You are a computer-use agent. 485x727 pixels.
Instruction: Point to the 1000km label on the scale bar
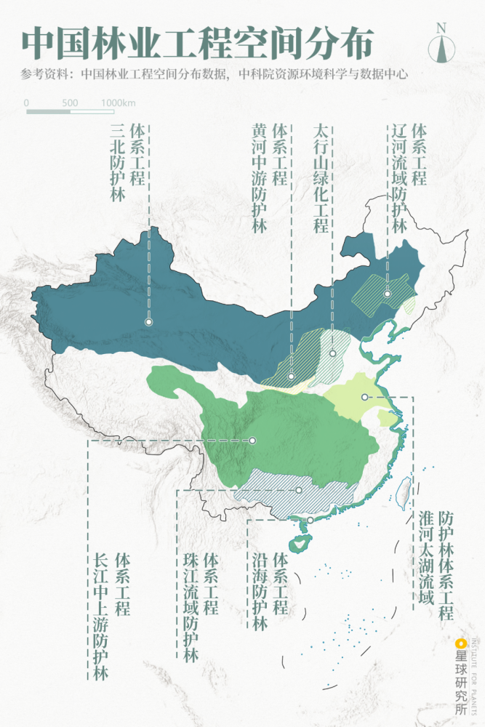tap(119, 103)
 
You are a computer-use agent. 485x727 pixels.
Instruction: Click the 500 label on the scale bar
tap(70, 103)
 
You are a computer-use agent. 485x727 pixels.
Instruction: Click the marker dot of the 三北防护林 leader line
tap(148, 321)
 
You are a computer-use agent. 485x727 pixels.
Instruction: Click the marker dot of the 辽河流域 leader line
tap(388, 294)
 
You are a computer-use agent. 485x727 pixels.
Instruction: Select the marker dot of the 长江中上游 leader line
tap(252, 440)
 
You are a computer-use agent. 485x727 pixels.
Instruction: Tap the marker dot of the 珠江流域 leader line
tap(298, 490)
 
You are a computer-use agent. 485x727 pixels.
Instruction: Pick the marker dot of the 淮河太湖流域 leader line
tap(364, 397)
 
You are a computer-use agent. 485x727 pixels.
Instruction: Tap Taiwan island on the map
tap(407, 488)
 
